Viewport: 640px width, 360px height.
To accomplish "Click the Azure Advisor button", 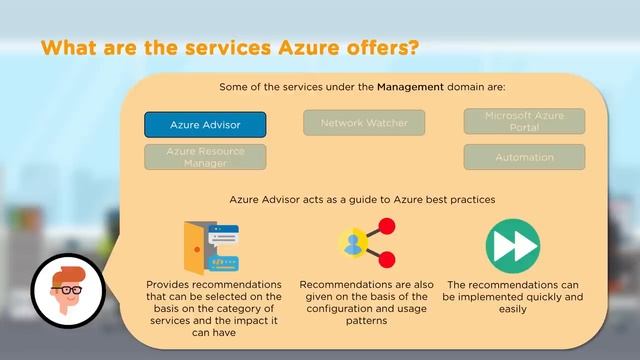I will click(x=205, y=125).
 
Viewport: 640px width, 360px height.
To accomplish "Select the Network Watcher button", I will click(x=364, y=123).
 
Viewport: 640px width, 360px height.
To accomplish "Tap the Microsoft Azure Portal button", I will click(x=524, y=121).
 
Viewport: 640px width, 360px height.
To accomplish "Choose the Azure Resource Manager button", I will click(x=205, y=156).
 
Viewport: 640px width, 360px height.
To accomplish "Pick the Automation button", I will click(x=524, y=157).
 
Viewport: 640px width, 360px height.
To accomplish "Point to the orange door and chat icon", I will click(x=213, y=246).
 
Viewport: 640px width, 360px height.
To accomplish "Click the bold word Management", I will click(x=410, y=87).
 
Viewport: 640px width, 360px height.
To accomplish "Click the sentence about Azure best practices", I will click(x=363, y=199).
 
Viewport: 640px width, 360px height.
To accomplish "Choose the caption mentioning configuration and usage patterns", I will click(x=364, y=303).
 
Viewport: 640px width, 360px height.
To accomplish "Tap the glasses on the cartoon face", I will click(x=68, y=289).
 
